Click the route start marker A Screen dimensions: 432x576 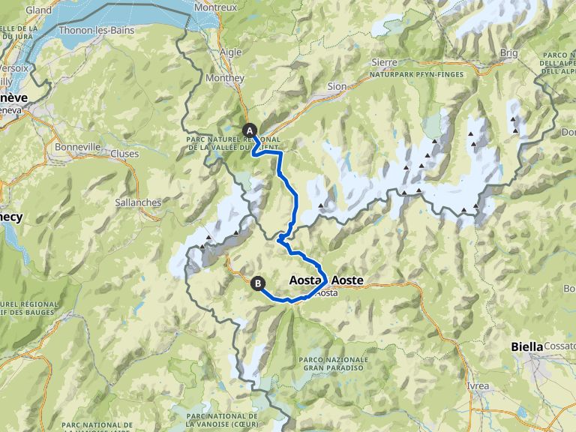point(248,130)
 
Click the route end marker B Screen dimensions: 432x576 point(257,283)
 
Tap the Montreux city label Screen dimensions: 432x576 point(215,7)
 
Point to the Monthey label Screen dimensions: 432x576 point(229,78)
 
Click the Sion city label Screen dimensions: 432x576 point(337,86)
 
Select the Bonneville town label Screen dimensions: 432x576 point(73,148)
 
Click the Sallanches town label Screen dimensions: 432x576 point(137,202)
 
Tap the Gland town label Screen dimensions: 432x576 point(38,10)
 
